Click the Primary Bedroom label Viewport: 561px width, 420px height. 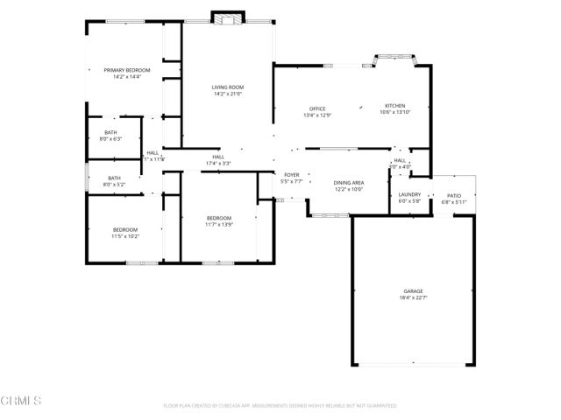point(127,70)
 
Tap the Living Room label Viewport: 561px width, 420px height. point(227,87)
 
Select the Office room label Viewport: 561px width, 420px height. point(316,108)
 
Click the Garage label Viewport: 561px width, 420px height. point(413,291)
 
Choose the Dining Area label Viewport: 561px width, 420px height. point(349,183)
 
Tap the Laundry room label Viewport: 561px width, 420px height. point(409,194)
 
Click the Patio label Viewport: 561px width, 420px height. point(454,196)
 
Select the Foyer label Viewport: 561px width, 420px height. point(292,175)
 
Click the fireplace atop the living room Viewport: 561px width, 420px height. point(228,18)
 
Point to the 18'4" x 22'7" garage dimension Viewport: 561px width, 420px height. point(413,298)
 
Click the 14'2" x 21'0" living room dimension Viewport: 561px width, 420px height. point(227,94)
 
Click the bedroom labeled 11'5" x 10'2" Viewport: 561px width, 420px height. point(124,233)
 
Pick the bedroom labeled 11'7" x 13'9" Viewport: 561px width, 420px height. point(219,221)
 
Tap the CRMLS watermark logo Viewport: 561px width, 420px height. point(21,402)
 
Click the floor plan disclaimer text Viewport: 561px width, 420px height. point(280,406)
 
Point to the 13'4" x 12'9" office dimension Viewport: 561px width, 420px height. point(316,115)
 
